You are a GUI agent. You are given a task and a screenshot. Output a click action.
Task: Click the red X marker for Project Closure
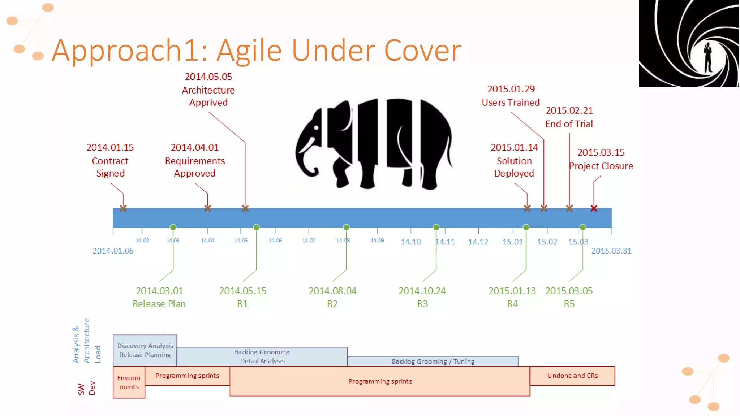[x=594, y=208]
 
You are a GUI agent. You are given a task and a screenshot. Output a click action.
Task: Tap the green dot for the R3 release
[x=436, y=227]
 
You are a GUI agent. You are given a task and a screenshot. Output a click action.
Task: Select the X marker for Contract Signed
[x=123, y=208]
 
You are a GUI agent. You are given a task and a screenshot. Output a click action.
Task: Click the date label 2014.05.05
[x=208, y=77]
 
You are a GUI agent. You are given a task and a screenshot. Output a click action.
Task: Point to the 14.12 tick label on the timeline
[x=478, y=242]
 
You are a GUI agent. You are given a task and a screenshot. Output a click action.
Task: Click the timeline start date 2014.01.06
[x=113, y=251]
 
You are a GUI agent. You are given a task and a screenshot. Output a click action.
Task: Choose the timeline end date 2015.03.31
[x=611, y=251]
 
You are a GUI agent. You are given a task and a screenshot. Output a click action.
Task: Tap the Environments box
[x=129, y=382]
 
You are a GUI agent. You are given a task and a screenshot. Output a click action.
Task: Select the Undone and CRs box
[x=572, y=376]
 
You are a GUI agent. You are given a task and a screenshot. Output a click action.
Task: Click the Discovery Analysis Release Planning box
[x=145, y=350]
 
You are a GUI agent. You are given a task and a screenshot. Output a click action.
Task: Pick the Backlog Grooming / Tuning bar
[x=433, y=361]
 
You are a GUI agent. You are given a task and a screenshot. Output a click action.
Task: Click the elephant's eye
[x=317, y=128]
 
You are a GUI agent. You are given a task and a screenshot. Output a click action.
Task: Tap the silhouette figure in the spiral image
[x=707, y=58]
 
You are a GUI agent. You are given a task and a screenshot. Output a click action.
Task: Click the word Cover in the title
[x=422, y=51]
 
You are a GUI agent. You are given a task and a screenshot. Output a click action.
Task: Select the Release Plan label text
[x=159, y=304]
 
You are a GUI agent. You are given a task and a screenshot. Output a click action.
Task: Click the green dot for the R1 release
[x=256, y=227]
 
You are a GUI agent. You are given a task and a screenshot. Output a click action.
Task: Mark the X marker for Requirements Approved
[x=207, y=208]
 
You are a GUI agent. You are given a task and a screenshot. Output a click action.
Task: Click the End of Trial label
[x=569, y=124]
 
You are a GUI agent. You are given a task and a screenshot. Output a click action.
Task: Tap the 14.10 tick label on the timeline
[x=410, y=242]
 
